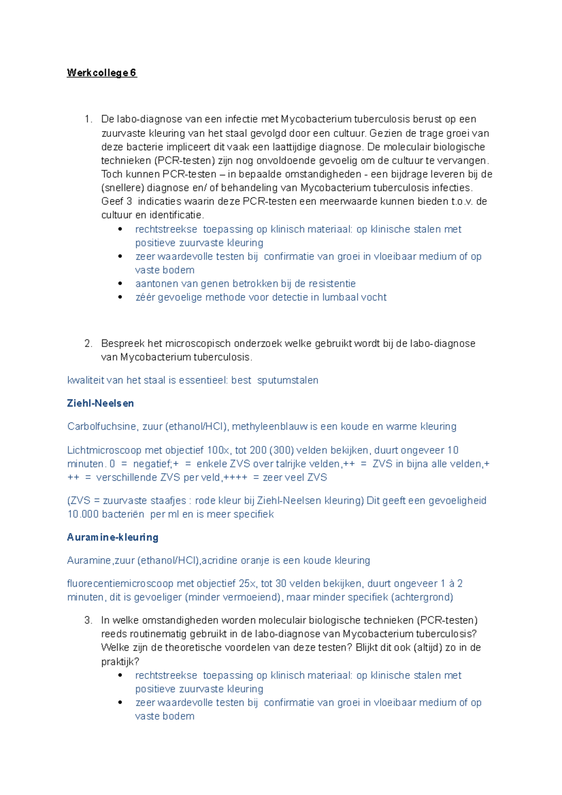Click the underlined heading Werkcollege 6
point(102,73)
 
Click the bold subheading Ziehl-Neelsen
point(100,403)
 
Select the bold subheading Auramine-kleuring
point(112,537)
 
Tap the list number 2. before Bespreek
point(89,344)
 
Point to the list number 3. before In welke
point(89,620)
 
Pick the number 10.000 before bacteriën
point(83,514)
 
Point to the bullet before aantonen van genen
point(120,284)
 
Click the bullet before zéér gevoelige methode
point(120,297)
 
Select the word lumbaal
point(337,297)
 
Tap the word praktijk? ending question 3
point(120,662)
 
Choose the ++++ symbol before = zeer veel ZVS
point(236,478)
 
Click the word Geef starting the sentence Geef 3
point(111,202)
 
